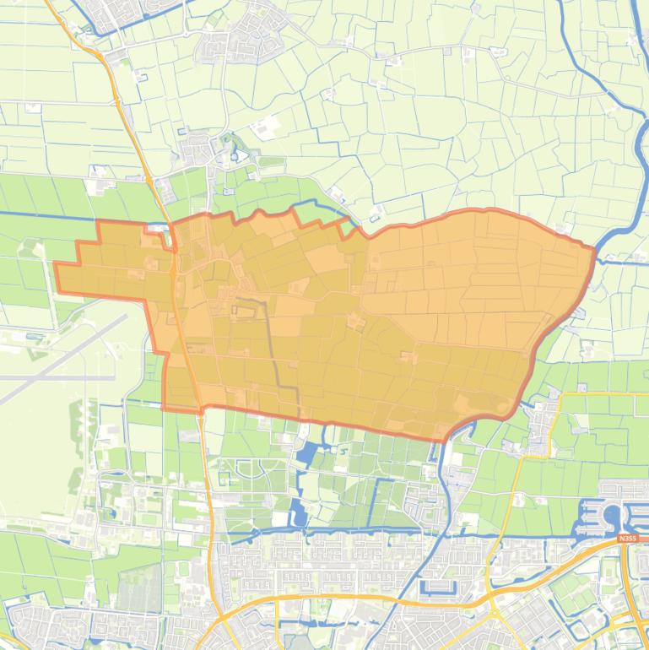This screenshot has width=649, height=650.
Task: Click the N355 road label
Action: [627, 538]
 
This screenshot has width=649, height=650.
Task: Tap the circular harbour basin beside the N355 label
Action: [612, 514]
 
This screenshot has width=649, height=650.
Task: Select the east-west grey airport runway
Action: [51, 377]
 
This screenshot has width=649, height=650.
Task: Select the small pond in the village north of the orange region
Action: [237, 156]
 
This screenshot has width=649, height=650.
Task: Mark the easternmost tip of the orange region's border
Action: [596, 249]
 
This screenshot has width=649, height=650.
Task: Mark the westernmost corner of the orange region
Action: [56, 265]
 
